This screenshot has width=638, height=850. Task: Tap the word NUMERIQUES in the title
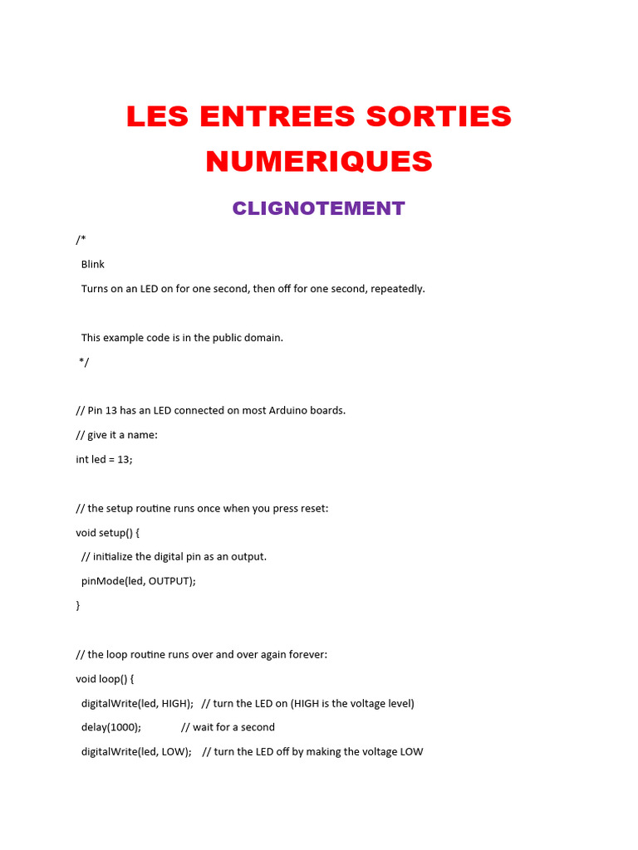click(x=319, y=161)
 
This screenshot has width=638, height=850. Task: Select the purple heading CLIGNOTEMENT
click(x=319, y=208)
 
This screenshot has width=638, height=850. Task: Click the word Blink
click(x=93, y=264)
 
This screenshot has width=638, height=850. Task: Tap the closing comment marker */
click(x=84, y=362)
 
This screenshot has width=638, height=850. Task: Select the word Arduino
click(x=289, y=410)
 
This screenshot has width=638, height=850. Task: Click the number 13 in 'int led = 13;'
click(x=123, y=459)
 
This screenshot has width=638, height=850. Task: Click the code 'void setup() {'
click(x=109, y=532)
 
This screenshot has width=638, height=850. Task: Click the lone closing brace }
click(x=78, y=605)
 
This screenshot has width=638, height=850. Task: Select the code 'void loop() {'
click(x=105, y=678)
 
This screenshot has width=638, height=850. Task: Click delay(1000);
click(x=111, y=727)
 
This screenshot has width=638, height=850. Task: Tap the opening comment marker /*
click(x=81, y=240)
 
